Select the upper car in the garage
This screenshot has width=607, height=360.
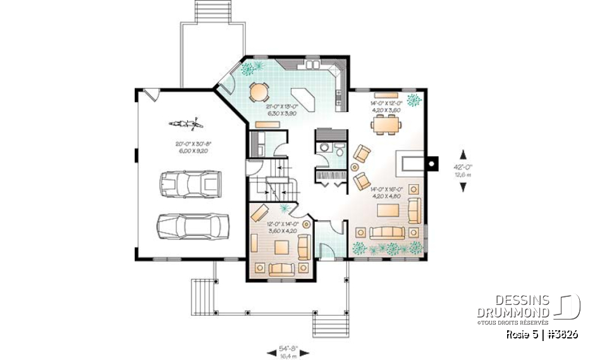coord(189,184)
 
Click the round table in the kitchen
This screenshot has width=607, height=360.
coord(258,92)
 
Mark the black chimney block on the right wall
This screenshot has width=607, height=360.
coord(431,163)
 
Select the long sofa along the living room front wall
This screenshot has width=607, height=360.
coord(388,232)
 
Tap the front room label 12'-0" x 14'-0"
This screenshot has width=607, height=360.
coord(279,227)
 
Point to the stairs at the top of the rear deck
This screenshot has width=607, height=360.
coord(212,11)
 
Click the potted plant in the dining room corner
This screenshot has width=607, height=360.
coord(415,99)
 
